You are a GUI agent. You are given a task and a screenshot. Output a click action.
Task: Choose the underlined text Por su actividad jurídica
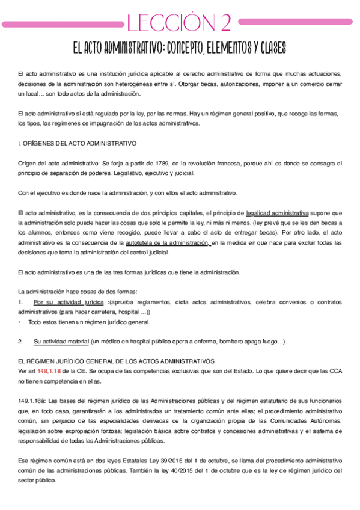pos(69,302)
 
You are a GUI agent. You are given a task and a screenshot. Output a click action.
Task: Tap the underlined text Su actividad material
pos(61,341)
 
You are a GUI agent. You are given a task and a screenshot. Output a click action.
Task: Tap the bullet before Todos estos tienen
pos(20,322)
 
